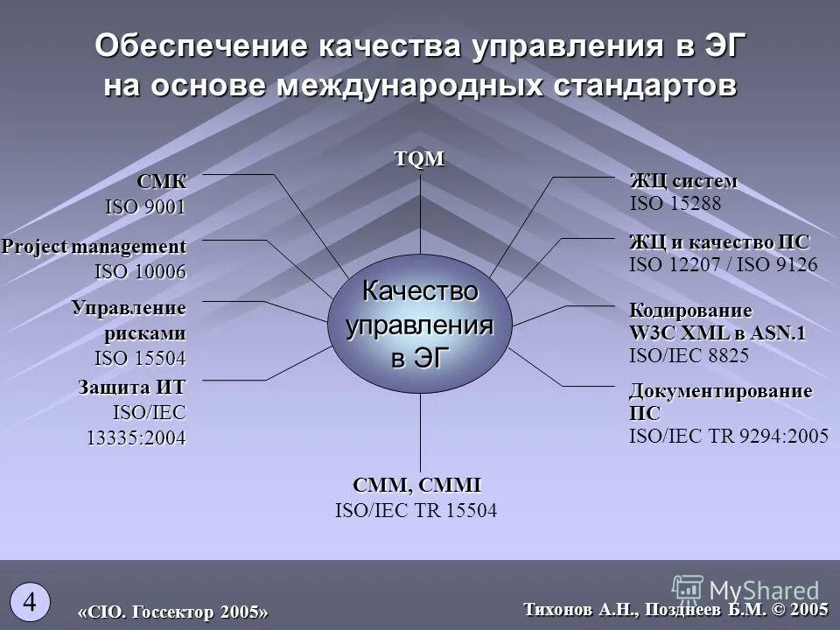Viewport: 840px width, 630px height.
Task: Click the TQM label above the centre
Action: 420,159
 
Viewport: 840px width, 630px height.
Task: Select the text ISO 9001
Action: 145,207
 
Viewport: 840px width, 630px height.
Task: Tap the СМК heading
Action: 161,182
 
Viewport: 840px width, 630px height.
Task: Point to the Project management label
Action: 94,247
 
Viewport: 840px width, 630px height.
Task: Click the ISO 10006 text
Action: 140,272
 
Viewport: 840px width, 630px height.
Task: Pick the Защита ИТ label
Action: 131,386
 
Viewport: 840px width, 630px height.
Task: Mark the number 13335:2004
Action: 136,437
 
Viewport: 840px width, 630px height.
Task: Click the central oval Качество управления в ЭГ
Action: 420,324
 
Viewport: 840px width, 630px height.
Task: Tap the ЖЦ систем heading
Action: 683,181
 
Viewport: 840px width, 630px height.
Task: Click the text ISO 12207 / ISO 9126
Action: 723,264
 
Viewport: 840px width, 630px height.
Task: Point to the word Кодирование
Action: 690,311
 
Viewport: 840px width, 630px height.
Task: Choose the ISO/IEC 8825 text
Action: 689,355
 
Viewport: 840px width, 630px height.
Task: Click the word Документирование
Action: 720,390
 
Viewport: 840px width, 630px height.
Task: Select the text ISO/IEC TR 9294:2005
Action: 728,437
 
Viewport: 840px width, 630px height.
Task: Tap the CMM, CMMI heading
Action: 416,486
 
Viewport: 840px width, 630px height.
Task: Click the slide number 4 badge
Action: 30,601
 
